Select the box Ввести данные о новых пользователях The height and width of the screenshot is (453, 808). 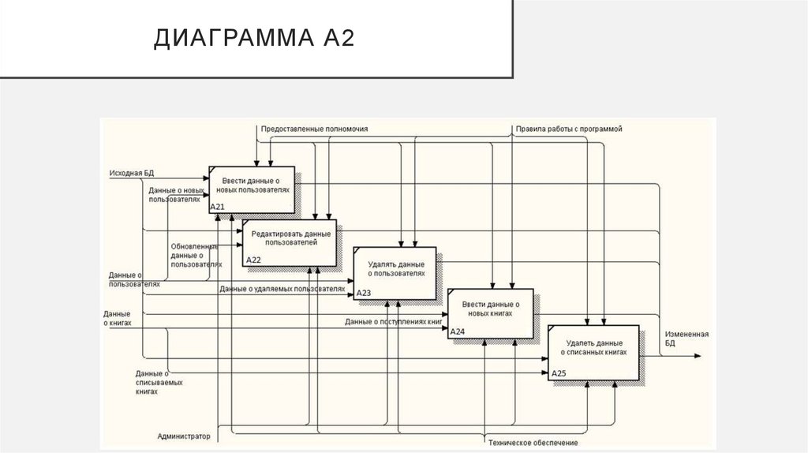[x=252, y=189]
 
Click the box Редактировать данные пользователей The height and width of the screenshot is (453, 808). [x=290, y=241]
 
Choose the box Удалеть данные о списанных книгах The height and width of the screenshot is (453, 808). [x=595, y=351]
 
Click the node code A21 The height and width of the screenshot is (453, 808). [x=218, y=207]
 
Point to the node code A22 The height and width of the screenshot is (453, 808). [x=253, y=259]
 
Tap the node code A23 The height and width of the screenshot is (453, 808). [x=364, y=293]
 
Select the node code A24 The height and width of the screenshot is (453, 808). [x=458, y=331]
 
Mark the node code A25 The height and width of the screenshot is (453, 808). [x=559, y=373]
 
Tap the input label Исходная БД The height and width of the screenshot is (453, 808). [x=131, y=171]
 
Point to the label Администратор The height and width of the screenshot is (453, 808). [x=184, y=436]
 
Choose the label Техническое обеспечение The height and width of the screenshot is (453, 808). [x=527, y=443]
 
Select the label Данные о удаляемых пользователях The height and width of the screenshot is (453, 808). [x=282, y=289]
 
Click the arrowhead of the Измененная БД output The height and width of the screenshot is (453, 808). [x=697, y=355]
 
